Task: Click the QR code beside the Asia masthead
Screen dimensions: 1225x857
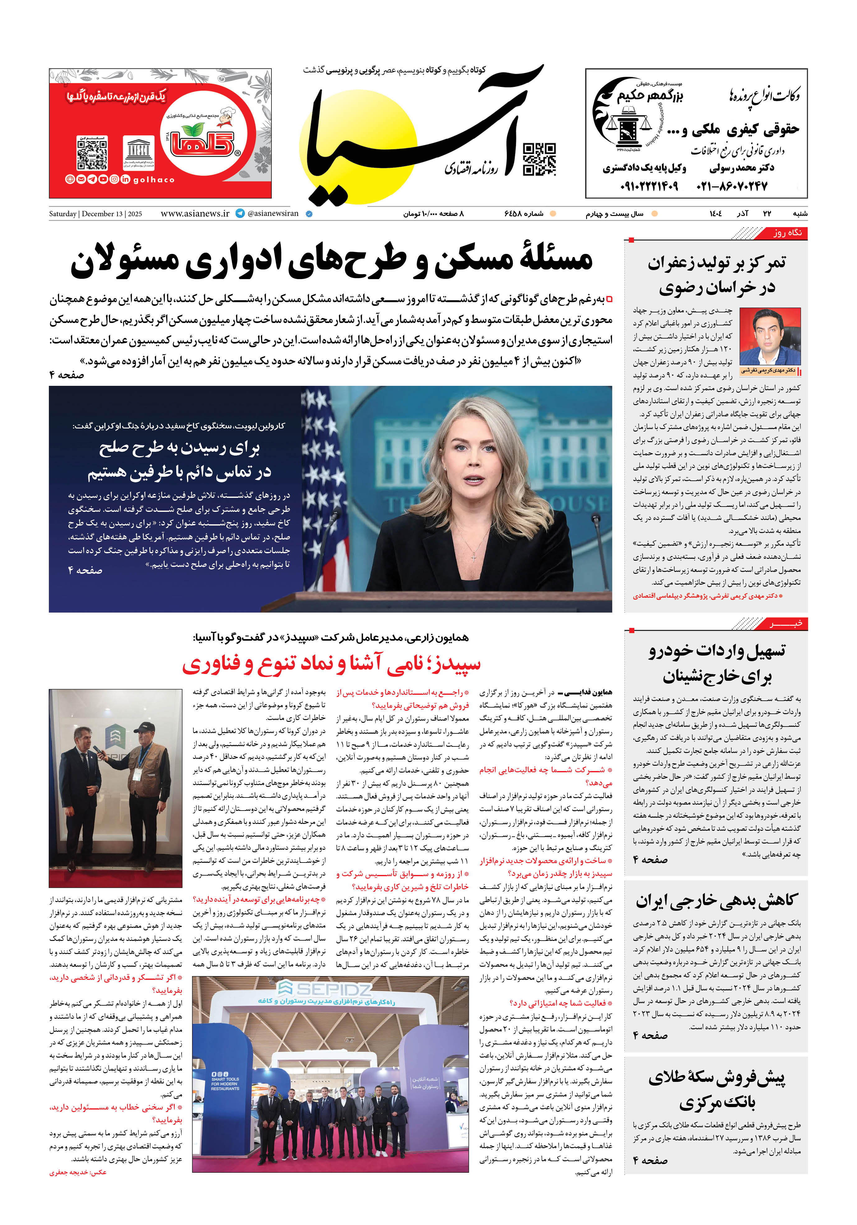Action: [539, 159]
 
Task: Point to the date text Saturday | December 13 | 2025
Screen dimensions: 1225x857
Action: [95, 214]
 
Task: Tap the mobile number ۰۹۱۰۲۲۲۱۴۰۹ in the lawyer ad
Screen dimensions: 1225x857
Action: [649, 186]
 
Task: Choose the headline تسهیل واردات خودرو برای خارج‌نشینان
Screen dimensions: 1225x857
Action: [717, 663]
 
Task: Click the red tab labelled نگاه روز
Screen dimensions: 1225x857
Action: [787, 233]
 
